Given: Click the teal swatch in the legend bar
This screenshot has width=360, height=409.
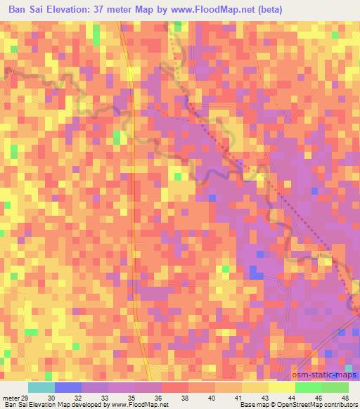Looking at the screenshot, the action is click(41, 387).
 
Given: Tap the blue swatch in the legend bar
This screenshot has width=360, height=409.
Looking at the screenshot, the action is click(67, 387).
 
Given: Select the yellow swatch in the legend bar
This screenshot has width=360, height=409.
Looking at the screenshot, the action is click(281, 387).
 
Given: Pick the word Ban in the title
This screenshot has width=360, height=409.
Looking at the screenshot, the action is click(18, 11).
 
